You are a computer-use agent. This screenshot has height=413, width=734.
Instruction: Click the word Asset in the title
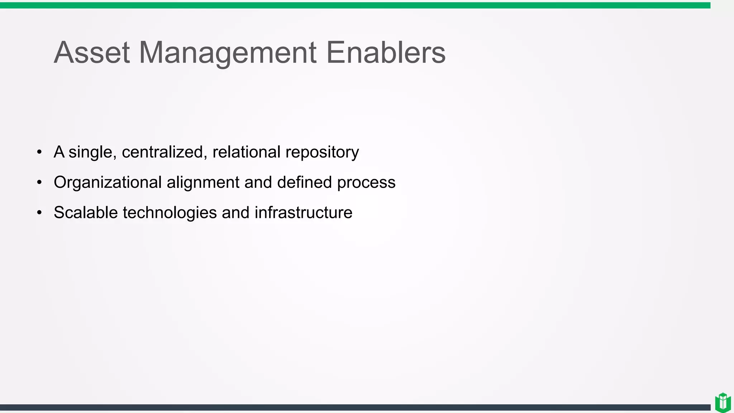click(92, 53)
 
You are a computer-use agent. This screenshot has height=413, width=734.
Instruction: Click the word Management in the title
click(228, 53)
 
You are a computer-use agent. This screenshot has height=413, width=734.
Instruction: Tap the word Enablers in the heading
click(386, 53)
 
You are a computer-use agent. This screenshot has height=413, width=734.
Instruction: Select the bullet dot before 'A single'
click(39, 152)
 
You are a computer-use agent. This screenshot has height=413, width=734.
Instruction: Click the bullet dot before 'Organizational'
click(39, 182)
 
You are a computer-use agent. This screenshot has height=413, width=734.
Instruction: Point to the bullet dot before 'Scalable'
click(39, 213)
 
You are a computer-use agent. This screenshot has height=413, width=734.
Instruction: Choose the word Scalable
click(86, 213)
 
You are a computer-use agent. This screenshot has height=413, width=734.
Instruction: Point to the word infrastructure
click(303, 213)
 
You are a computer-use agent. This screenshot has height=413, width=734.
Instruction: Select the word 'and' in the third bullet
click(235, 213)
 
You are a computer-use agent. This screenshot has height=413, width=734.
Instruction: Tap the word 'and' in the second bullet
click(258, 182)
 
